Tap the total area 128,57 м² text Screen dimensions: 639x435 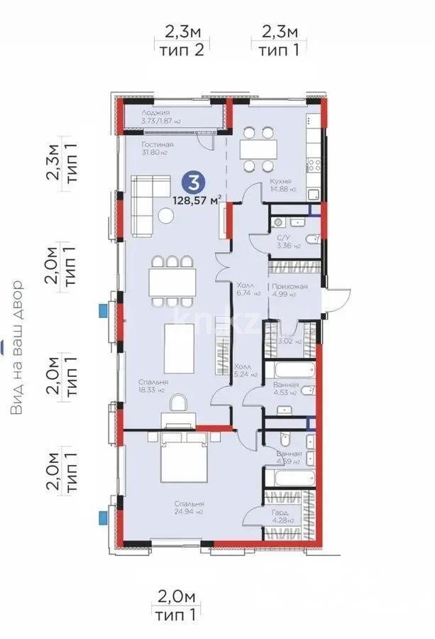[197, 200]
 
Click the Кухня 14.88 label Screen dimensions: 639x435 [282, 186]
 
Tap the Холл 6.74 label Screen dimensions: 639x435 [250, 288]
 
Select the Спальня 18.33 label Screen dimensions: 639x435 [153, 386]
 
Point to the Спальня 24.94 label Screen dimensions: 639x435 [190, 507]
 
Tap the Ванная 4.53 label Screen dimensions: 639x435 [287, 388]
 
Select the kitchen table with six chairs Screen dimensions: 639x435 [257, 149]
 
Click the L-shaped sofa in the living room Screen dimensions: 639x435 [145, 205]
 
